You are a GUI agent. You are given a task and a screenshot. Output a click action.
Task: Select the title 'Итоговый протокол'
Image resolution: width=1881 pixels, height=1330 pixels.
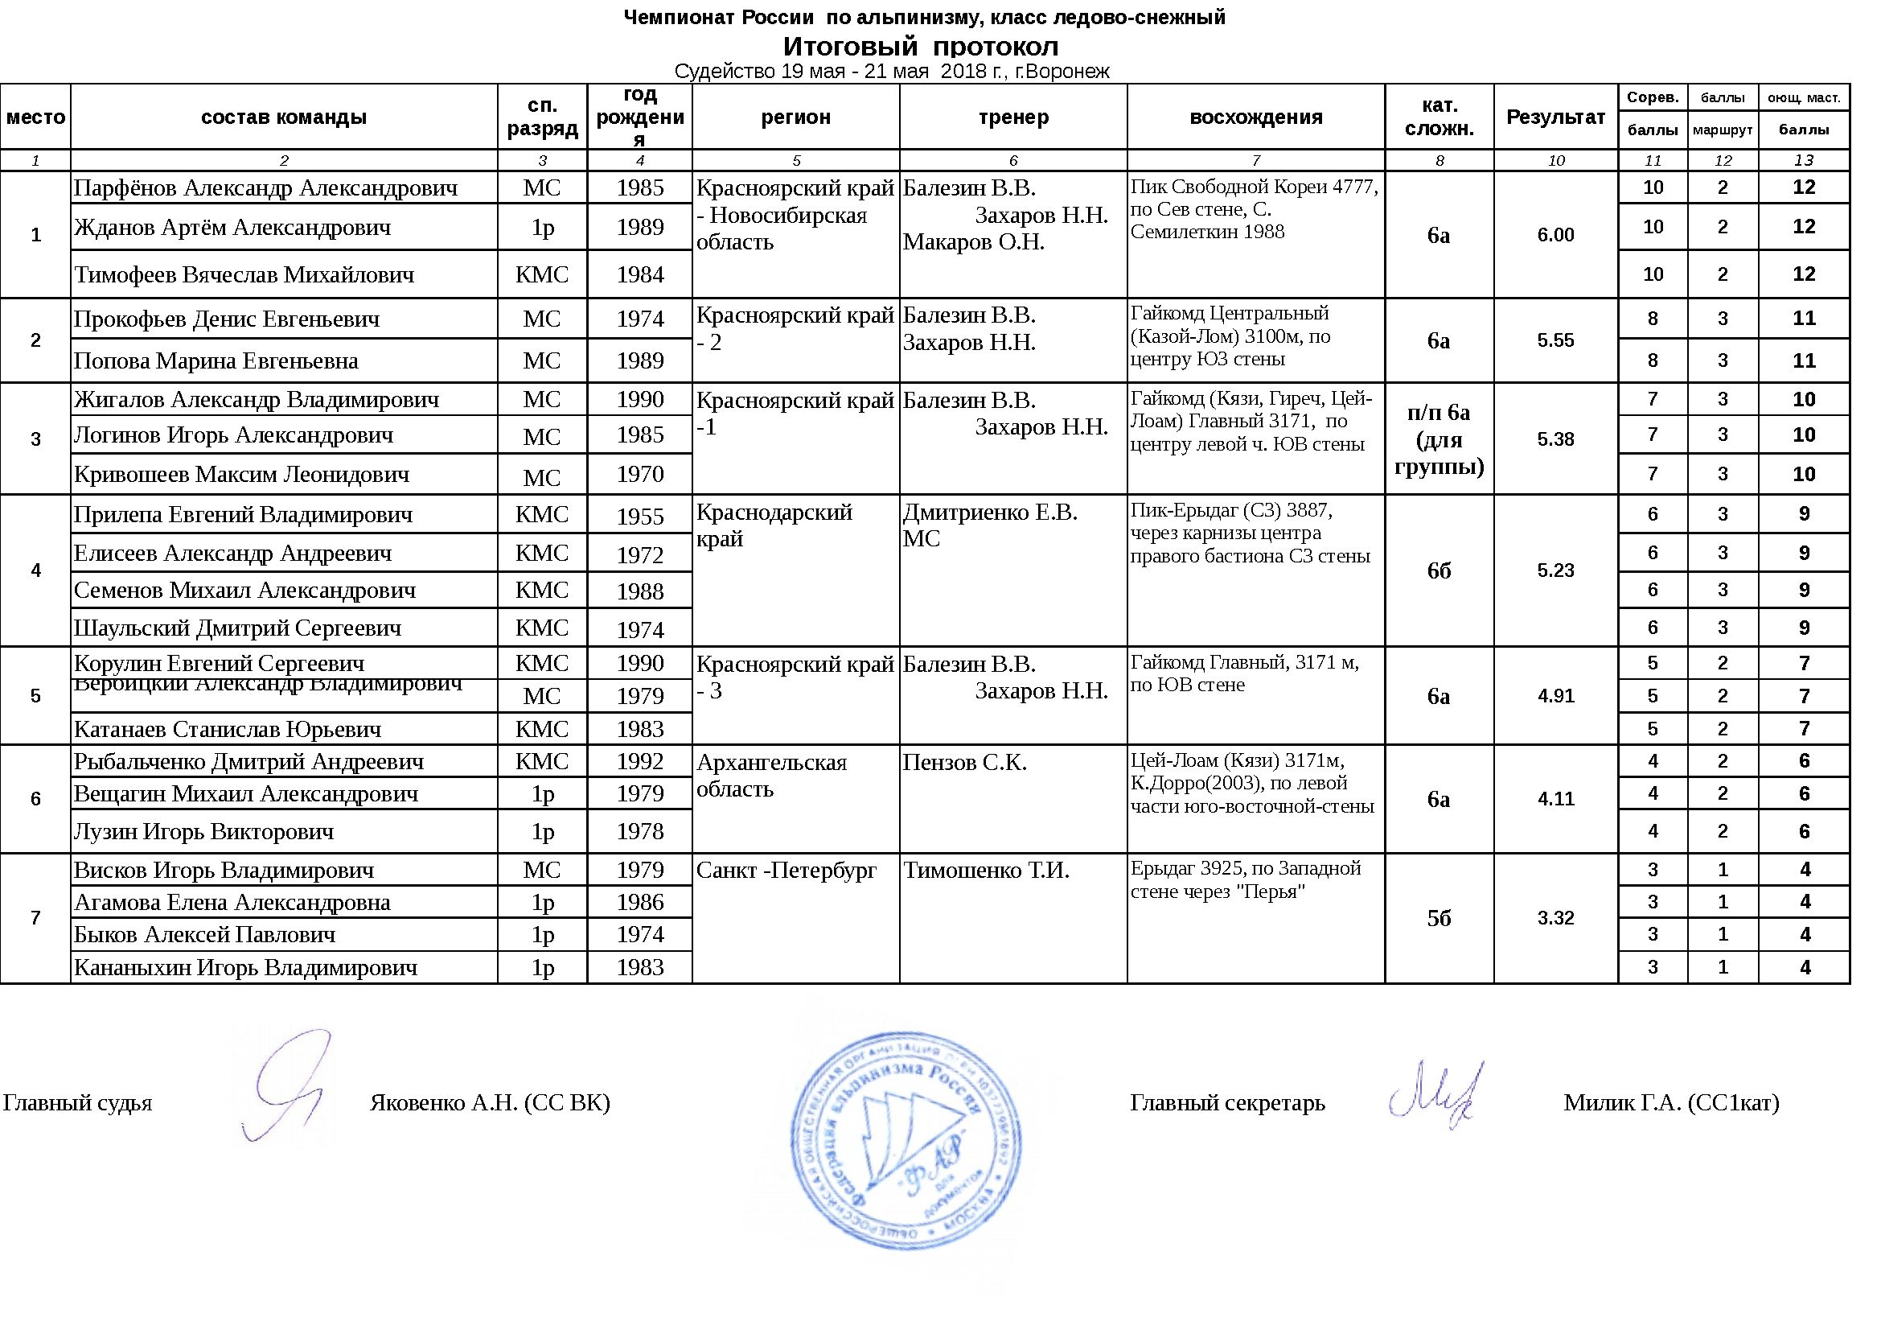pyautogui.click(x=920, y=46)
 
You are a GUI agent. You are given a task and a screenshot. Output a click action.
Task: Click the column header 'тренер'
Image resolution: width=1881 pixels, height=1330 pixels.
pyautogui.click(x=1012, y=117)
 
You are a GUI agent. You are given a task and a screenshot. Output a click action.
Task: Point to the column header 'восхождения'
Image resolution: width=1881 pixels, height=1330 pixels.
pyautogui.click(x=1255, y=117)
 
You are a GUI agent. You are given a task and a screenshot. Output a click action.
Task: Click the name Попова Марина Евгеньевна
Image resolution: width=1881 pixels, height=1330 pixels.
pyautogui.click(x=216, y=360)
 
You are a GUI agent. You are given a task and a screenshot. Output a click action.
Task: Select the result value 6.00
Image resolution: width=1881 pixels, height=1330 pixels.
pyautogui.click(x=1555, y=235)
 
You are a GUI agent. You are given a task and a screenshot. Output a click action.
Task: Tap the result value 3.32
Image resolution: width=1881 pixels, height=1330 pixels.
pyautogui.click(x=1555, y=918)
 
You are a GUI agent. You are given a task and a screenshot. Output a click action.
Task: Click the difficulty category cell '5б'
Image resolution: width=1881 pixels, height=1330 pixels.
pyautogui.click(x=1439, y=918)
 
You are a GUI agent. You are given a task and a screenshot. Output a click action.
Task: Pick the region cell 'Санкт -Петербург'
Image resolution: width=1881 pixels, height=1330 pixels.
pyautogui.click(x=786, y=871)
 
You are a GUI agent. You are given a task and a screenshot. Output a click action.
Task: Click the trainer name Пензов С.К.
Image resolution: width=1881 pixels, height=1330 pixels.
pyautogui.click(x=964, y=763)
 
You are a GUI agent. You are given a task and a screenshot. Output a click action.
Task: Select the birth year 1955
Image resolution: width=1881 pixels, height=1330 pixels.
pyautogui.click(x=640, y=517)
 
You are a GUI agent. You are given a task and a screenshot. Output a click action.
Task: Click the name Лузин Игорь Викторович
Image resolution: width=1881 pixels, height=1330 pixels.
pyautogui.click(x=204, y=832)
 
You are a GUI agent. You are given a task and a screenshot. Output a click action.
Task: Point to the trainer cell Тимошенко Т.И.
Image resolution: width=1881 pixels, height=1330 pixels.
pyautogui.click(x=987, y=871)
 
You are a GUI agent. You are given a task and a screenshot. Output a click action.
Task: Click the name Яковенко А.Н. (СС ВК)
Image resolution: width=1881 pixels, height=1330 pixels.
pyautogui.click(x=490, y=1103)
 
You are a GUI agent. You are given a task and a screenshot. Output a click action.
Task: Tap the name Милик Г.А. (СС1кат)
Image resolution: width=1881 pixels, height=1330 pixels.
pyautogui.click(x=1671, y=1103)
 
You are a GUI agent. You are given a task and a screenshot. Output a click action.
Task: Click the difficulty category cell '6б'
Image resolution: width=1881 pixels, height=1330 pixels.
pyautogui.click(x=1439, y=570)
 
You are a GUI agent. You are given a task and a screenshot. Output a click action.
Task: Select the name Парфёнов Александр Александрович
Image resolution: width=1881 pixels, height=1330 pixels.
pyautogui.click(x=265, y=188)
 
